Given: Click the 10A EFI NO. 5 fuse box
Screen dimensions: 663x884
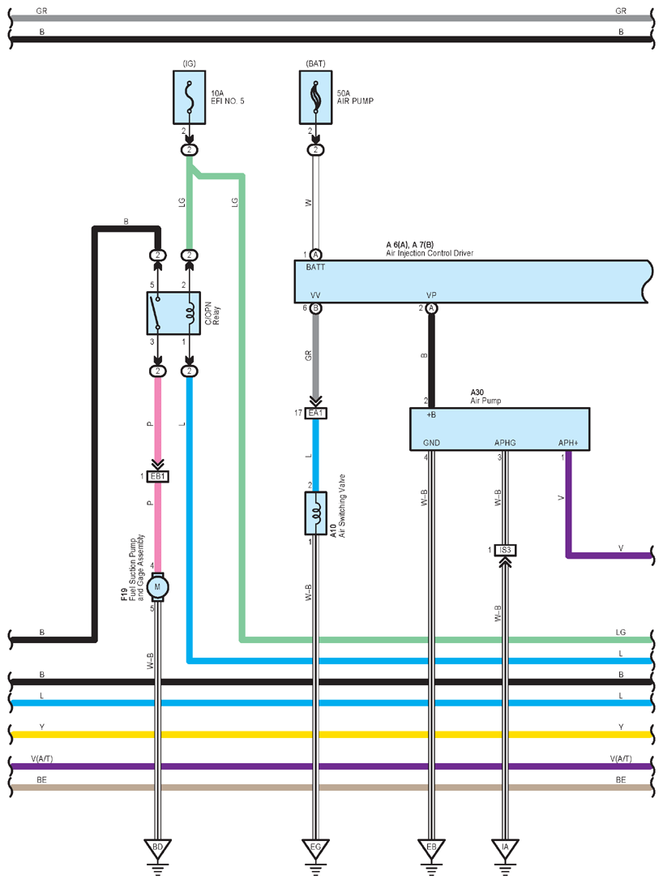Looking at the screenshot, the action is (x=190, y=97).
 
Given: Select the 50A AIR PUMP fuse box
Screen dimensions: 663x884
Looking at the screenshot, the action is (x=315, y=97).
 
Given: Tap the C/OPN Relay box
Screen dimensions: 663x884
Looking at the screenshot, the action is (x=173, y=313).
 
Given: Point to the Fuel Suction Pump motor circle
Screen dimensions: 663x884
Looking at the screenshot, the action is (x=157, y=587).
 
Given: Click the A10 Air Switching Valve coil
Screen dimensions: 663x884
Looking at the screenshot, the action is (x=315, y=513).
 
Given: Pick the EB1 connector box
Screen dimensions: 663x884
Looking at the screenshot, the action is (x=158, y=476).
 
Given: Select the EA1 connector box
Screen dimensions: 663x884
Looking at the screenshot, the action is (x=315, y=414).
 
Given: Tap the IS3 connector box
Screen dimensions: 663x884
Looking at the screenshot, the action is (x=505, y=550).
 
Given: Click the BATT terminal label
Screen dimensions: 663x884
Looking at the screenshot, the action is (x=315, y=268).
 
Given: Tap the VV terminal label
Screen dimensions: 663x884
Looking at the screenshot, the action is (x=315, y=295).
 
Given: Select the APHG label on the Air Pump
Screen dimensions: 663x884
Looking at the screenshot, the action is (x=505, y=443).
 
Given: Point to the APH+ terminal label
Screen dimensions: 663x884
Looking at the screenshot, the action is (x=568, y=443).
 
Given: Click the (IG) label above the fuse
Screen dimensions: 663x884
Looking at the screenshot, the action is (x=190, y=64).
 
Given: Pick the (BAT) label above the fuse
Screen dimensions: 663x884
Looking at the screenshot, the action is (x=315, y=64).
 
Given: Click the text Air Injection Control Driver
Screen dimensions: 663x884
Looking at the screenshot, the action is (x=430, y=253).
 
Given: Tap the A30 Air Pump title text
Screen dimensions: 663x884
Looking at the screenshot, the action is (x=485, y=397).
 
